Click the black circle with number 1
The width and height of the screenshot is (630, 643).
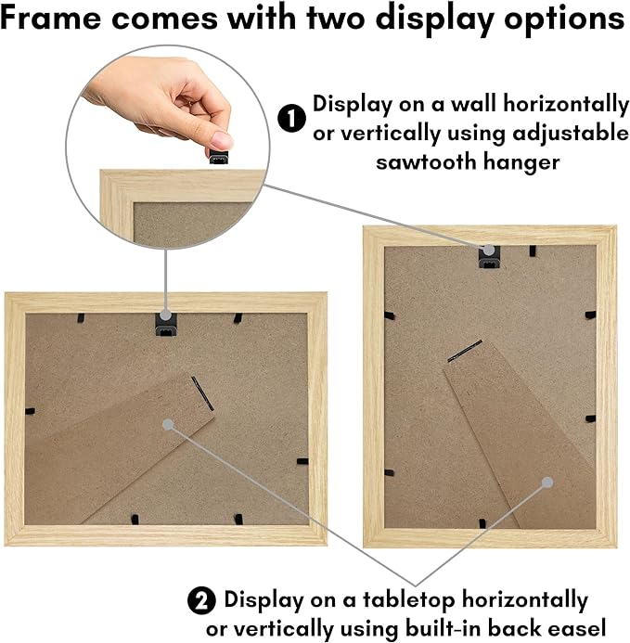pyautogui.click(x=291, y=118)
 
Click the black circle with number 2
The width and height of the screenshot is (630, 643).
pyautogui.click(x=201, y=600)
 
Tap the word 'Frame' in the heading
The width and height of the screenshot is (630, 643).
pyautogui.click(x=51, y=18)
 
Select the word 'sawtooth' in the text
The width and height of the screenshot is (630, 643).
pyautogui.click(x=425, y=161)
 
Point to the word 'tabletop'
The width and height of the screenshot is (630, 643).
pyautogui.click(x=409, y=599)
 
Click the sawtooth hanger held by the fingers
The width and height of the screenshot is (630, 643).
pyautogui.click(x=219, y=157)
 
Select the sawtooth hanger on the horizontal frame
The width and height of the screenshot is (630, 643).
pyautogui.click(x=166, y=325)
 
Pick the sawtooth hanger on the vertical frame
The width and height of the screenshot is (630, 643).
pyautogui.click(x=489, y=257)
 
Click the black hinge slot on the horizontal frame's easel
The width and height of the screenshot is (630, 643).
pyautogui.click(x=202, y=393)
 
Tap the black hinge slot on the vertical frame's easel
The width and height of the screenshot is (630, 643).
pyautogui.click(x=465, y=351)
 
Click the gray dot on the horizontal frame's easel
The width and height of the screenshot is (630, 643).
pyautogui.click(x=168, y=424)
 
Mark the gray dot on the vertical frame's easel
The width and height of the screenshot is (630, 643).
pyautogui.click(x=547, y=482)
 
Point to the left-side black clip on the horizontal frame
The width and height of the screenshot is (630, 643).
pyautogui.click(x=30, y=411)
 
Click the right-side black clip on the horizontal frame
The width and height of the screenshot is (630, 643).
pyautogui.click(x=302, y=461)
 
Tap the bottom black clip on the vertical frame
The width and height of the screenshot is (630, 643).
pyautogui.click(x=482, y=523)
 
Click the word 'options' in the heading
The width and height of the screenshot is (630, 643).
pyautogui.click(x=564, y=19)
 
